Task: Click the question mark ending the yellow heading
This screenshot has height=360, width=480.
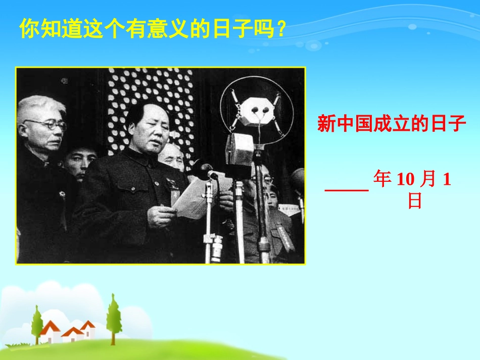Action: (282, 30)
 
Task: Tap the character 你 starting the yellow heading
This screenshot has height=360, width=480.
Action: (28, 29)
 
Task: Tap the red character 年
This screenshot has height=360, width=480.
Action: (382, 180)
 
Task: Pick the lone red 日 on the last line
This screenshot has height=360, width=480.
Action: (415, 201)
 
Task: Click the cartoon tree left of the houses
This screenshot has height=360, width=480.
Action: (36, 323)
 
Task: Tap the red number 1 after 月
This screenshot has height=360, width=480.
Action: (446, 180)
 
